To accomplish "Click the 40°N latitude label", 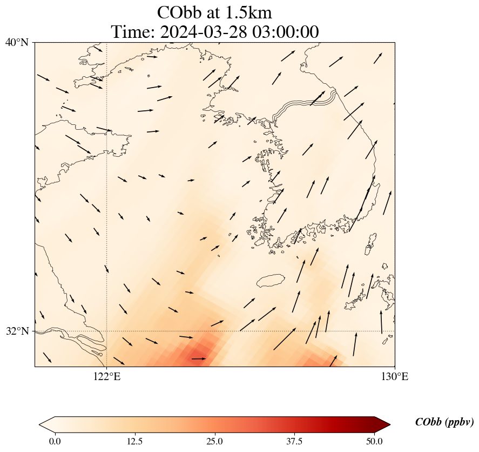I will tap(17, 42).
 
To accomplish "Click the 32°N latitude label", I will tap(17, 331).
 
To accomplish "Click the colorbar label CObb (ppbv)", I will tap(444, 422).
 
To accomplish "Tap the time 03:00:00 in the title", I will tap(284, 32).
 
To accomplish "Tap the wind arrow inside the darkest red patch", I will tap(198, 358).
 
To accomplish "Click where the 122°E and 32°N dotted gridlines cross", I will tap(107, 331).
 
